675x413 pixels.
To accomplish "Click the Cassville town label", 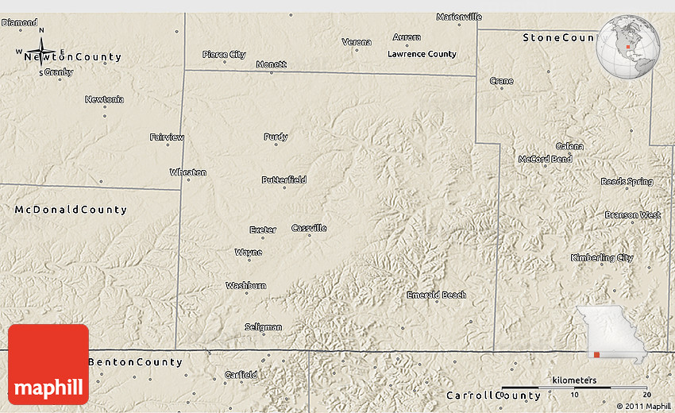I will tap(309, 228).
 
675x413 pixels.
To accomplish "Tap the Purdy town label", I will tap(276, 137).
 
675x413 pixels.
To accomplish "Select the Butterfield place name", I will tap(283, 179).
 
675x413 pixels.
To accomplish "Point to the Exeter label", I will tap(263, 230).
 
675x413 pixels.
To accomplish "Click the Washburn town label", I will tap(245, 285).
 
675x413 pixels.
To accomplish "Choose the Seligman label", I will tap(263, 326).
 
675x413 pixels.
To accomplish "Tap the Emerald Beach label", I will tap(436, 295).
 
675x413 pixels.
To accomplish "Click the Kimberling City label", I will tap(602, 257).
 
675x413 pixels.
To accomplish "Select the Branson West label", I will tap(632, 214).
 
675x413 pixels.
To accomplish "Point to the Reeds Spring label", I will tap(627, 181).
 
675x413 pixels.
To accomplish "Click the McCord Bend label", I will tap(545, 159).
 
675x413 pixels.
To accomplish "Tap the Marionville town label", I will tap(459, 17).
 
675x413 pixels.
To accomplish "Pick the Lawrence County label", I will tap(422, 54).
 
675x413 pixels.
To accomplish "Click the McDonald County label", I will tap(71, 210).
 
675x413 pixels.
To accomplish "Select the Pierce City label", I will tap(224, 55).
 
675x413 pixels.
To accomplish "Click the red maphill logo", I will tap(48, 365).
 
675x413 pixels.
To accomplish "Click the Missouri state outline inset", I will tap(611, 334).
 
